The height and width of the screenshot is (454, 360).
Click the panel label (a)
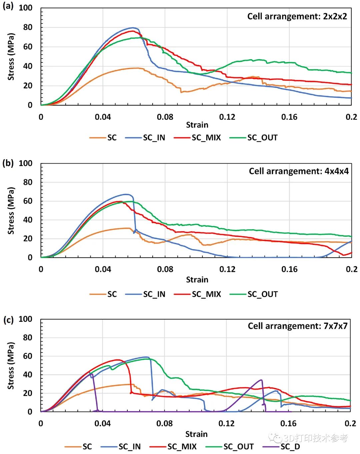point(8,6)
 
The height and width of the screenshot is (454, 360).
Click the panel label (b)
point(8,163)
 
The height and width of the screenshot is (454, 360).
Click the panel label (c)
point(8,319)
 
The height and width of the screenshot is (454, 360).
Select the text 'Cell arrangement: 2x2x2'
point(297,16)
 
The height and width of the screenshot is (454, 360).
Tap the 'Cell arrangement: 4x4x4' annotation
point(299,171)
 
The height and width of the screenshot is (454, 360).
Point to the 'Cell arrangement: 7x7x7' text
point(297,326)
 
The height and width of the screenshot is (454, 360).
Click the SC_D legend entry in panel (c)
point(282,447)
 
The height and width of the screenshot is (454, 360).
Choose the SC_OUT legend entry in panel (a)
point(254,138)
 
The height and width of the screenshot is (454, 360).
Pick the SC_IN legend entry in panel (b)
point(146,294)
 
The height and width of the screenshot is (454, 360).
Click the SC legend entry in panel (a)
point(103,138)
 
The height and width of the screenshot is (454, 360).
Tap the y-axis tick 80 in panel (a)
point(28,27)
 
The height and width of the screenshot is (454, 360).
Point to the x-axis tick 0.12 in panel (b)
point(227,269)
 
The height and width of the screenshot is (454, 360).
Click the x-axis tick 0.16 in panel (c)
point(288,423)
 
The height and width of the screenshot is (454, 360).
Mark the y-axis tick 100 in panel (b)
point(25,163)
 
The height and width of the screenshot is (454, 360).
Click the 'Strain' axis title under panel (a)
point(197,125)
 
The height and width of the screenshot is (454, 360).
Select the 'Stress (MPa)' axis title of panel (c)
point(11,365)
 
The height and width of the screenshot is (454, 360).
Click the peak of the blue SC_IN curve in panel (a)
point(133,28)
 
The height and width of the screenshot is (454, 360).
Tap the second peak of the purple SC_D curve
point(261,380)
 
